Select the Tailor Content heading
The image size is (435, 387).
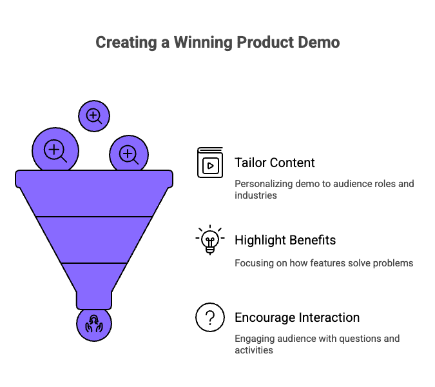click(x=275, y=163)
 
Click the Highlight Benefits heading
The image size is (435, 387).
click(x=285, y=240)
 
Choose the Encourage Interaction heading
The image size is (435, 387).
click(x=297, y=317)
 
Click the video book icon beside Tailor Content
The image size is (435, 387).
click(x=209, y=163)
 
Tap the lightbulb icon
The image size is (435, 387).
click(x=209, y=240)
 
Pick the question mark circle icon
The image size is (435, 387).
click(x=209, y=317)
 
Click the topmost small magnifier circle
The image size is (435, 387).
click(x=94, y=116)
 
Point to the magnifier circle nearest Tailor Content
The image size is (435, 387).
click(x=128, y=154)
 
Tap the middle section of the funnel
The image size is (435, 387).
click(x=94, y=239)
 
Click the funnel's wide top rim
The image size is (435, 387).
click(x=94, y=178)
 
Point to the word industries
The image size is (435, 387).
click(x=256, y=195)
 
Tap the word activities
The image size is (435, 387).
click(x=254, y=350)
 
